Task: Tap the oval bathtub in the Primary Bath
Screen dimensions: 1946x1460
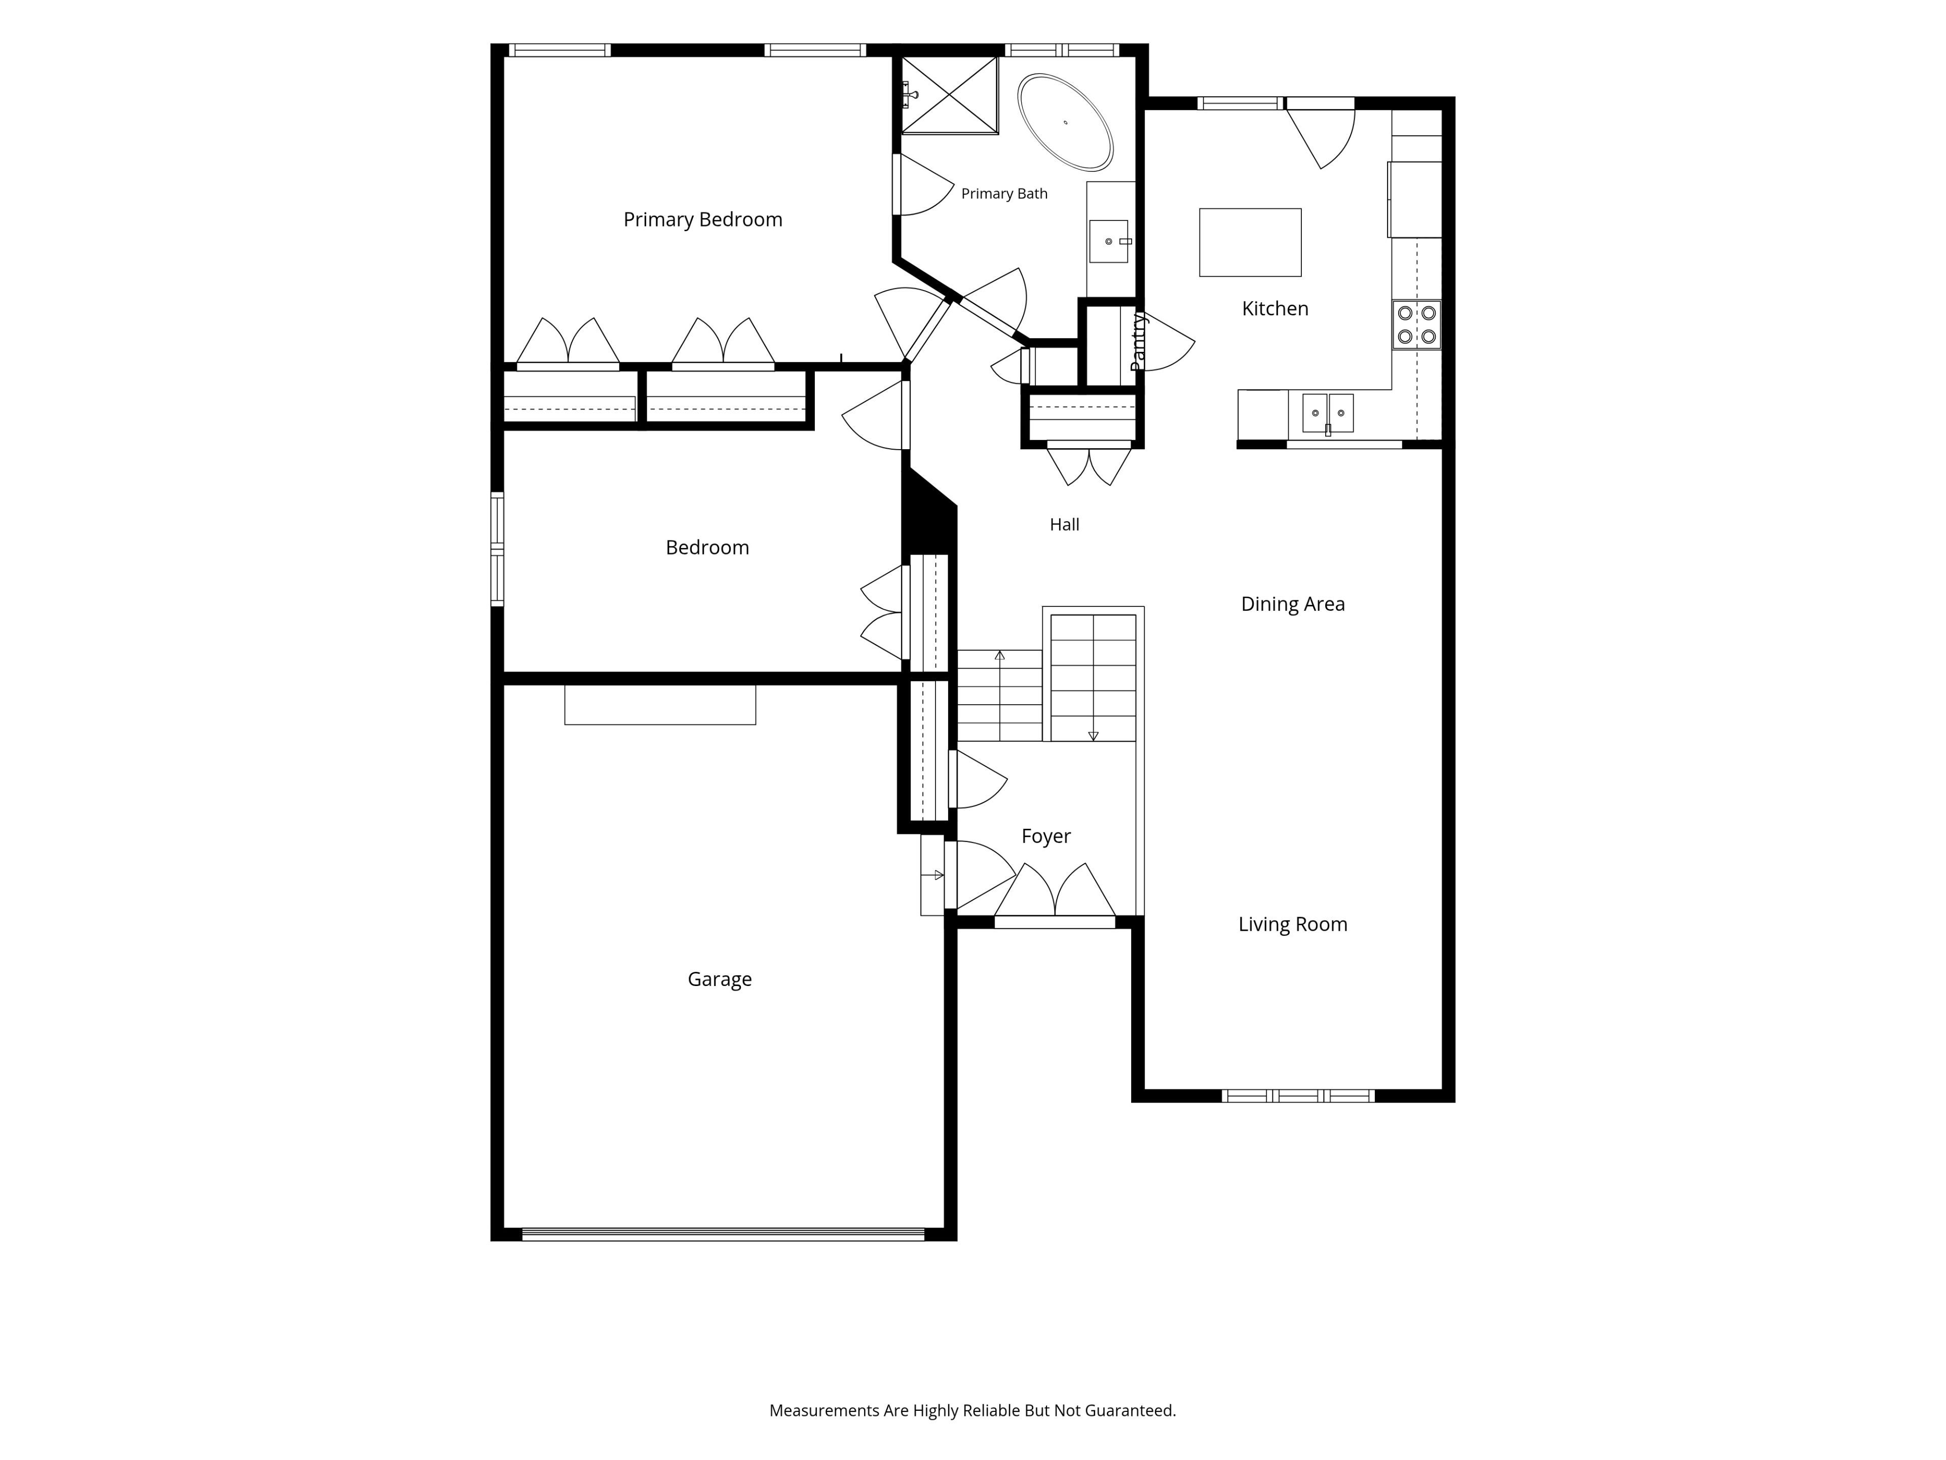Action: [x=1065, y=122]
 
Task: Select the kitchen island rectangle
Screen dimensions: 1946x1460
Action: [x=1250, y=242]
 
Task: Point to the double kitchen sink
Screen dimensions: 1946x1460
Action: [x=1328, y=413]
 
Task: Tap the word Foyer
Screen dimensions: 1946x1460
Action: [x=1046, y=836]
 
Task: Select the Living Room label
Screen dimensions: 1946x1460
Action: [x=1292, y=924]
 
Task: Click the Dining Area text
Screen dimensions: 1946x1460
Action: [x=1292, y=604]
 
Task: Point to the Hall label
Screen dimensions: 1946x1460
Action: [x=1065, y=525]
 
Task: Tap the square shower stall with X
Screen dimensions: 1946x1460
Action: [x=949, y=95]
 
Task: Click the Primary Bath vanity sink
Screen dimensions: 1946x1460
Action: [x=1108, y=241]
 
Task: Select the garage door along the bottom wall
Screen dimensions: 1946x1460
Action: [x=723, y=1234]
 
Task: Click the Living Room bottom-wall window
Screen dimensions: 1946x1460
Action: [x=1298, y=1096]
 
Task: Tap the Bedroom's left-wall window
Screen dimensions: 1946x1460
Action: [x=497, y=549]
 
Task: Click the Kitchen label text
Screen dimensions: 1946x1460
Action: [x=1275, y=308]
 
